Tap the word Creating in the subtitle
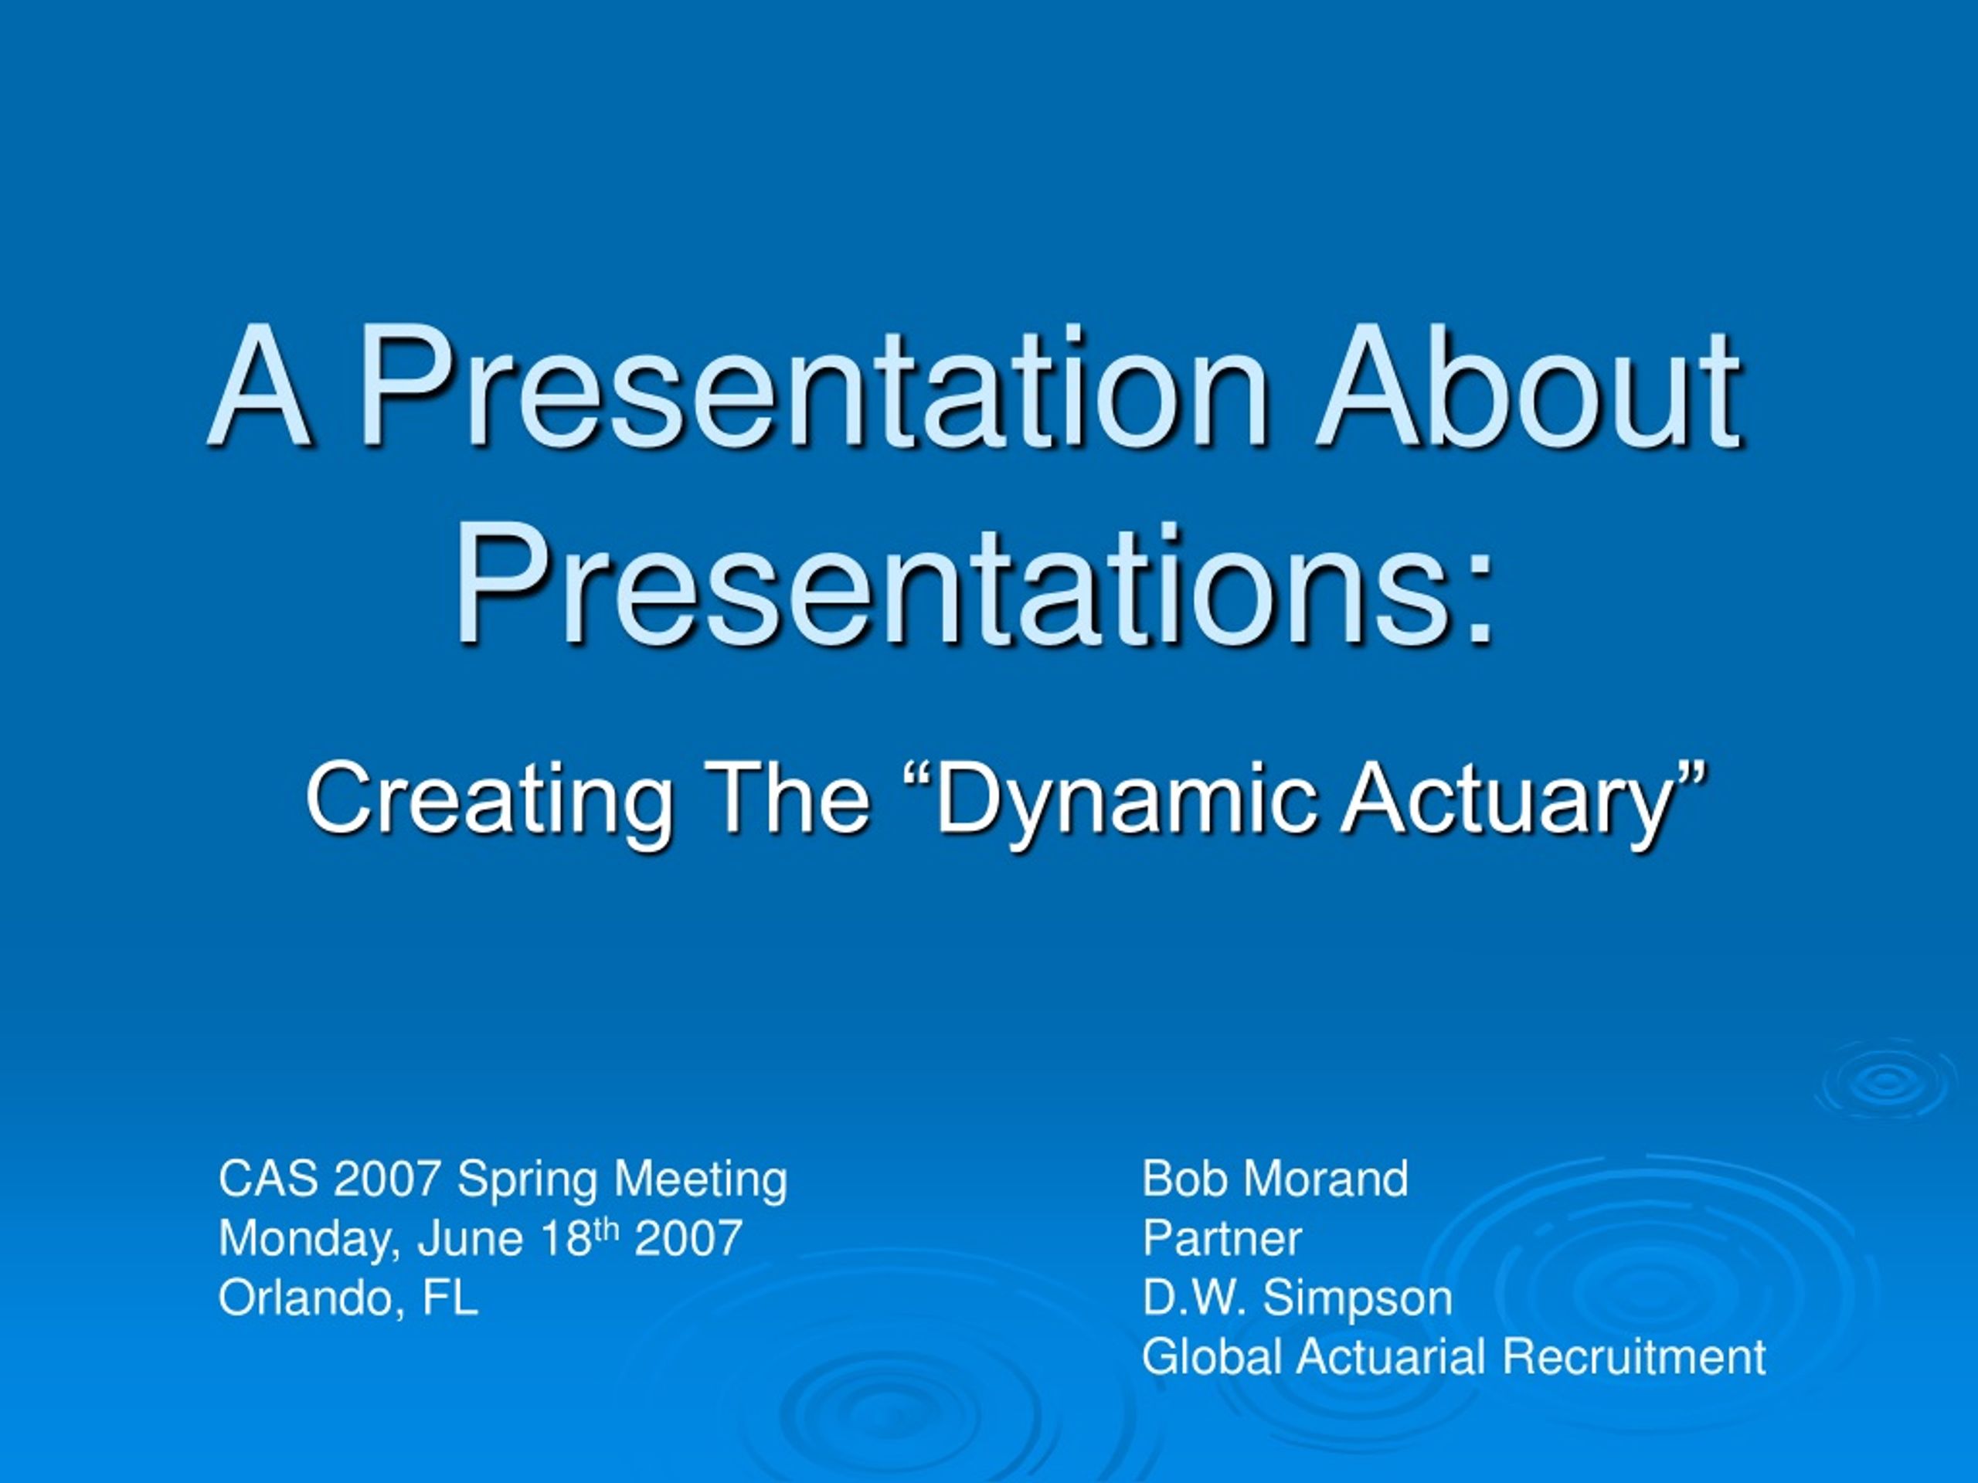click(x=489, y=798)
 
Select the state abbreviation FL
click(x=450, y=1298)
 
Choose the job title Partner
click(x=1222, y=1238)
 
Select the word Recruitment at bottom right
click(x=1633, y=1357)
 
